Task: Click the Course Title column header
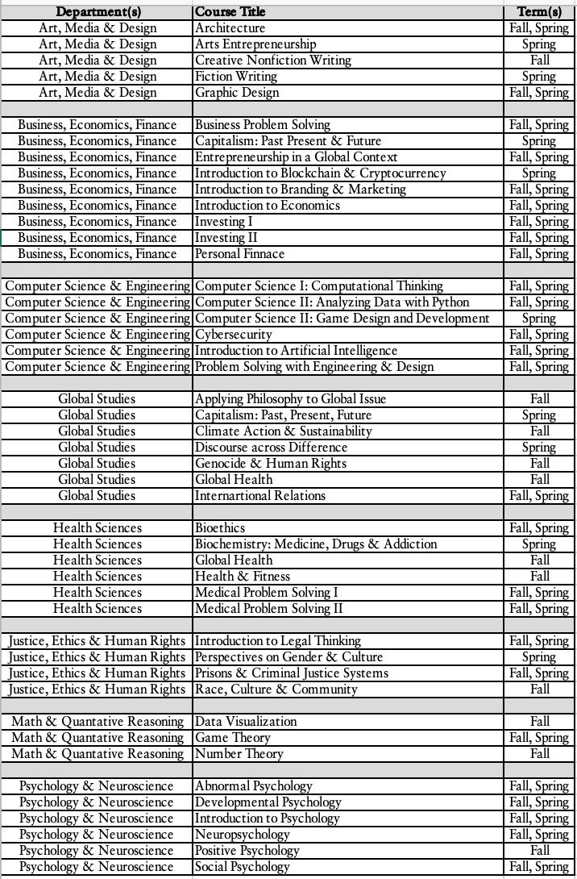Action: pyautogui.click(x=230, y=12)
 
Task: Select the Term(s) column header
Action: pyautogui.click(x=539, y=12)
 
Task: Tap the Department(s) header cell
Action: pyautogui.click(x=98, y=12)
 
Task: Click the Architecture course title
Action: pyautogui.click(x=230, y=28)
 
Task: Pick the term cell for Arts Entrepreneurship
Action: pyautogui.click(x=539, y=44)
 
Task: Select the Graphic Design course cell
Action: pyautogui.click(x=237, y=93)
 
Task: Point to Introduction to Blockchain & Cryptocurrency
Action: pyautogui.click(x=320, y=173)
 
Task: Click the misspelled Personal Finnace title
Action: pyautogui.click(x=239, y=254)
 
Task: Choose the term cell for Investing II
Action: pyautogui.click(x=539, y=238)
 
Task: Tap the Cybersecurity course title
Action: pyautogui.click(x=234, y=335)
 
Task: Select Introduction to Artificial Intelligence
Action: pyautogui.click(x=296, y=351)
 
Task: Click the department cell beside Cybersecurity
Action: pyautogui.click(x=98, y=335)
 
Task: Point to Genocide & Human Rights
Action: pyautogui.click(x=271, y=464)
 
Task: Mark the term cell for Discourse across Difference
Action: pyautogui.click(x=539, y=448)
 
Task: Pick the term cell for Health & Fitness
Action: pyautogui.click(x=539, y=577)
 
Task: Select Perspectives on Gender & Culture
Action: pyautogui.click(x=288, y=657)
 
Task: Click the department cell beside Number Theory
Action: pyautogui.click(x=98, y=754)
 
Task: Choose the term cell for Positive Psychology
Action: pyautogui.click(x=539, y=851)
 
